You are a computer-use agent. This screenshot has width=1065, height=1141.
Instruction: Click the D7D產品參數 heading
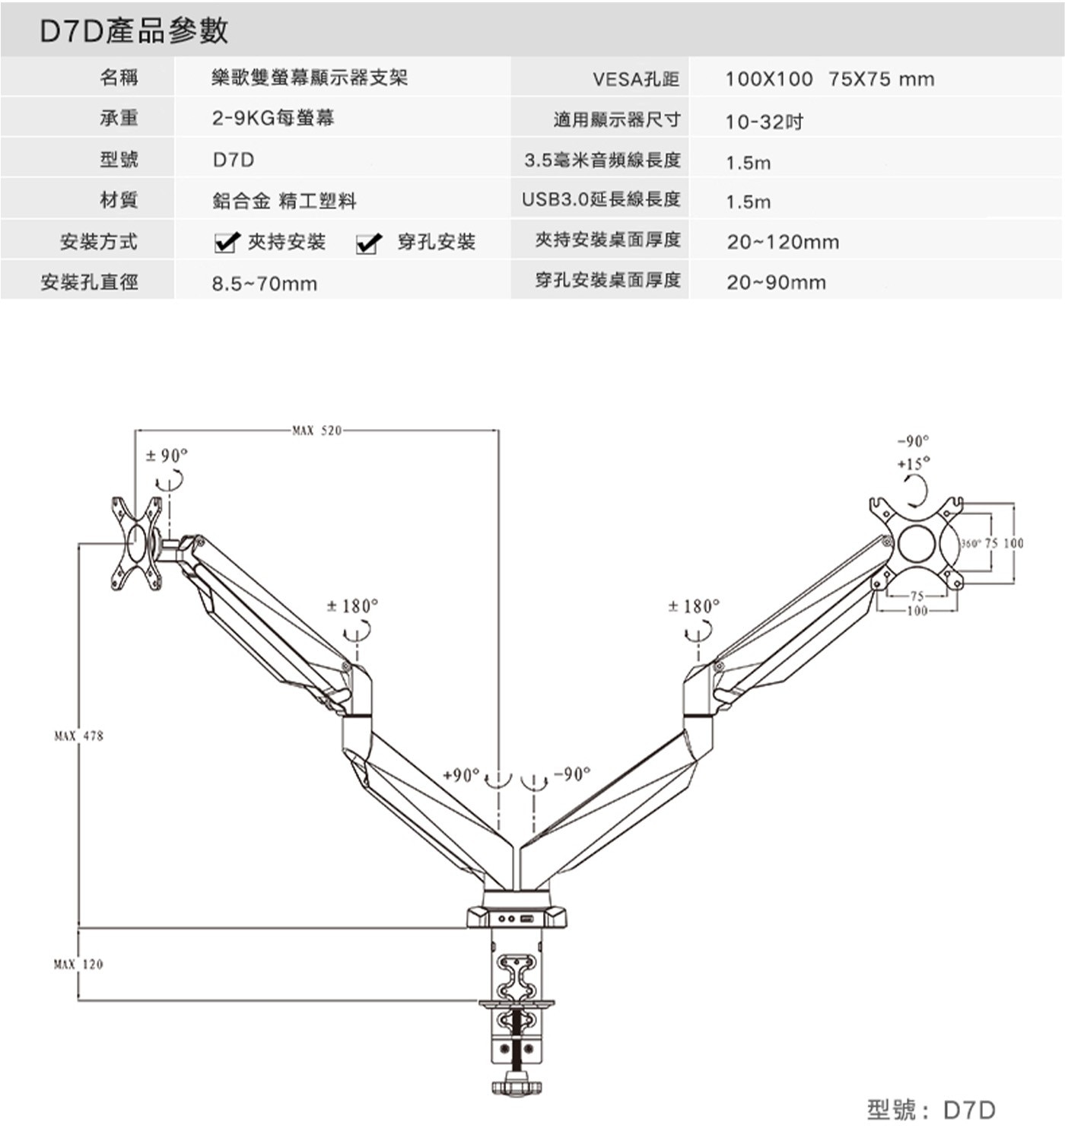(x=134, y=31)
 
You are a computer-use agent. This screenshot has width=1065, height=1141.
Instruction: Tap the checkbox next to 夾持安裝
(x=226, y=243)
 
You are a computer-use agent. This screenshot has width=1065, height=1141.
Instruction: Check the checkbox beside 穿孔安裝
(x=368, y=243)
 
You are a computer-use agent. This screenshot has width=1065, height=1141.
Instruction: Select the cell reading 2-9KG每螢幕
(x=273, y=118)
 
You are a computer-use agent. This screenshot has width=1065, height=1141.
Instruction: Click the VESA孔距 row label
(x=635, y=78)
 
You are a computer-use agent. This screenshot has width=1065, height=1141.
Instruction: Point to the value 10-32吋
(x=764, y=122)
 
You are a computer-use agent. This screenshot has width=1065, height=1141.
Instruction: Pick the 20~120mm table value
(x=783, y=243)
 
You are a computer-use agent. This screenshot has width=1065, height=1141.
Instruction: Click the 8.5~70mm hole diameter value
(x=264, y=284)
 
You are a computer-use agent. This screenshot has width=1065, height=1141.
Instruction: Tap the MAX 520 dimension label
(x=316, y=431)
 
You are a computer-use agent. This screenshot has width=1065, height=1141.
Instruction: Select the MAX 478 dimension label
(x=78, y=736)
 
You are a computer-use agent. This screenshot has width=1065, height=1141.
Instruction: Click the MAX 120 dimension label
(x=78, y=964)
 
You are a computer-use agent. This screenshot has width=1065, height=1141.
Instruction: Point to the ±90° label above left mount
(x=167, y=456)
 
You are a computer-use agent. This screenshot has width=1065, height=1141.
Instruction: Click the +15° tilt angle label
(x=913, y=463)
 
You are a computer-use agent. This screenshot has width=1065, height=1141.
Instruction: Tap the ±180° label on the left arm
(x=352, y=606)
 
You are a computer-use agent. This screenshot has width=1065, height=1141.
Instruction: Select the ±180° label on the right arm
(x=693, y=606)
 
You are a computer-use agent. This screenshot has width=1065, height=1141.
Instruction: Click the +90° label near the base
(x=461, y=774)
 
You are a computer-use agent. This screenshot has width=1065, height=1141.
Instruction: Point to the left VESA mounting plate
(x=138, y=543)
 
